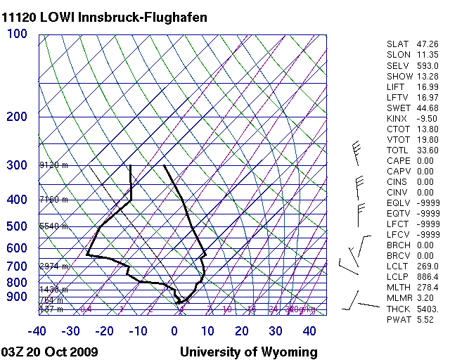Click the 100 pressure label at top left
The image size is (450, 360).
[x=18, y=34]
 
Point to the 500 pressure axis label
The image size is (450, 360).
[x=16, y=226]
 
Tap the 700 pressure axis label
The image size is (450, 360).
[x=16, y=266]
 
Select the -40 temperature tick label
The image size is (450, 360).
[x=37, y=331]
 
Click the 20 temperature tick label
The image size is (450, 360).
[x=242, y=331]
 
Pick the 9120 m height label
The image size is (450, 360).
[x=53, y=165]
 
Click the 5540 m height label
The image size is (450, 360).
[x=53, y=226]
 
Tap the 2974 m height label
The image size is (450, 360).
[x=53, y=266]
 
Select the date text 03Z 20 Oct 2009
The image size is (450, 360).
[x=50, y=352]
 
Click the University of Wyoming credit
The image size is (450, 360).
[x=248, y=352]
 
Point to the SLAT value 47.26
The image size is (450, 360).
[x=427, y=44]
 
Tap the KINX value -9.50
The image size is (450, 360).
[x=427, y=118]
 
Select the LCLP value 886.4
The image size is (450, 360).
[x=427, y=278]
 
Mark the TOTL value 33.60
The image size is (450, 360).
[x=427, y=150]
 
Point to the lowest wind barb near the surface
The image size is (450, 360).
[x=359, y=304]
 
